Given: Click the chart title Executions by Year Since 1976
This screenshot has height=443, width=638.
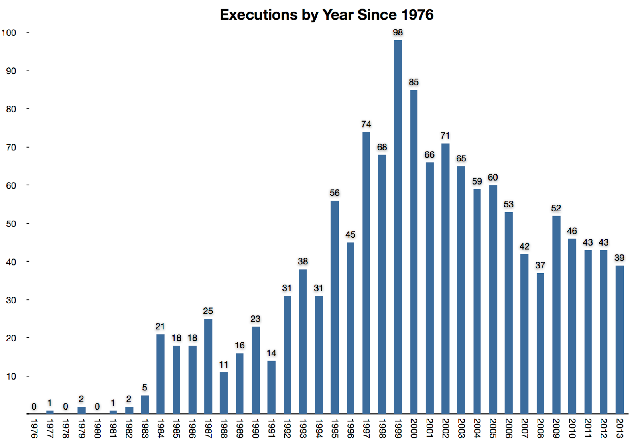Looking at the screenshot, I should tap(327, 15).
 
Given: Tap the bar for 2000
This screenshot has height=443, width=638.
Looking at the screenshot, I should tap(414, 251).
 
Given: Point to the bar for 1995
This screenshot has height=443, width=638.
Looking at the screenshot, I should tap(335, 307).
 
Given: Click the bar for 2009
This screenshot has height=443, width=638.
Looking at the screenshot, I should tap(556, 315).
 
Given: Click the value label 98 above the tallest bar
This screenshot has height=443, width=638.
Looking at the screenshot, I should tap(398, 32).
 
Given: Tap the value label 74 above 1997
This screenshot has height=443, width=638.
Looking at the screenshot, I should tap(366, 124).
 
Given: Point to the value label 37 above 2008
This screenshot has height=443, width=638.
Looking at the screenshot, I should tap(540, 265).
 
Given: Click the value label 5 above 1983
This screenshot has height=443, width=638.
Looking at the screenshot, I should tap(144, 388).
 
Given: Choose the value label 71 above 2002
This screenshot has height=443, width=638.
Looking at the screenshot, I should tap(445, 136).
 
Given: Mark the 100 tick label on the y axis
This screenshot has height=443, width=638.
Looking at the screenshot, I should tap(9, 33).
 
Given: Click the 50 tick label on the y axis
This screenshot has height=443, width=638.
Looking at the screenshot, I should tap(11, 224).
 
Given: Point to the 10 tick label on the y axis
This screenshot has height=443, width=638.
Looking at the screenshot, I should tap(11, 376).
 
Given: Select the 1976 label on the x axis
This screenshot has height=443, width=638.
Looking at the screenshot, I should tap(34, 428).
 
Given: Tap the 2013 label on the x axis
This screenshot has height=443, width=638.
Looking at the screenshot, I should tap(619, 428).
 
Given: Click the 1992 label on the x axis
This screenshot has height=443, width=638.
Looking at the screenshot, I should tap(287, 428).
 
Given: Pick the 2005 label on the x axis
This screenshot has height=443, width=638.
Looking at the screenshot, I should tap(493, 428).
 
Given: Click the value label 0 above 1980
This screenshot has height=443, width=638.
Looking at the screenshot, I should tap(97, 406).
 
